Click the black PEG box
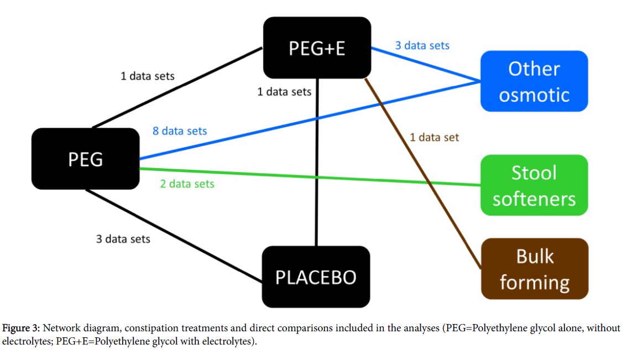tap(85, 159)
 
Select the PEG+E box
tap(317, 48)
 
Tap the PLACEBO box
tap(316, 276)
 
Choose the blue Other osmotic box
tap(534, 81)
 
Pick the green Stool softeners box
tap(534, 185)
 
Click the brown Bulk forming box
tap(534, 269)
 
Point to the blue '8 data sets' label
tap(180, 131)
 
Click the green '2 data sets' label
tap(187, 184)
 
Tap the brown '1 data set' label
tap(434, 137)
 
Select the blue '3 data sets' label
tap(422, 45)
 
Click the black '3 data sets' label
tap(123, 239)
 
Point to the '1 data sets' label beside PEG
tap(147, 76)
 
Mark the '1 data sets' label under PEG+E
tap(284, 91)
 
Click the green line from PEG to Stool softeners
tap(332, 177)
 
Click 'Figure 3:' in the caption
tap(19, 328)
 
